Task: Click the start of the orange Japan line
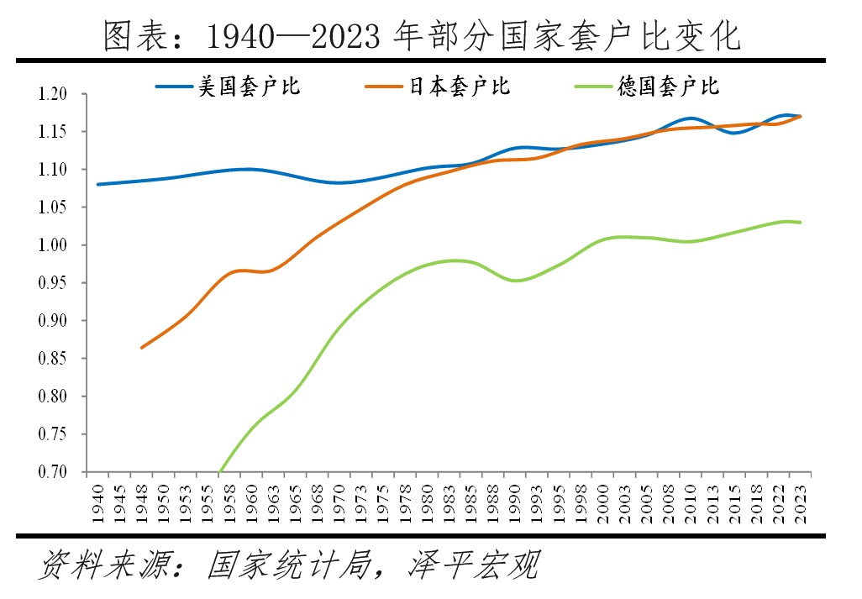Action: pos(141,347)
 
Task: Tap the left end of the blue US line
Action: pos(98,184)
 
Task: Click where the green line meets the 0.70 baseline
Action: pos(219,471)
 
